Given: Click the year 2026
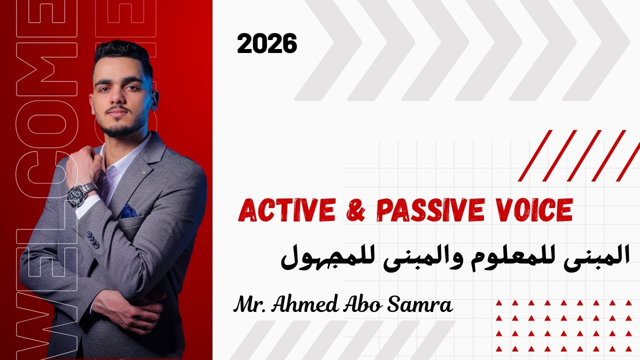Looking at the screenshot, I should pyautogui.click(x=267, y=44).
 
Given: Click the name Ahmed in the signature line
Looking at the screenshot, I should pyautogui.click(x=303, y=304).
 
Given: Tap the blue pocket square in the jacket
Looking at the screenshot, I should pyautogui.click(x=128, y=211).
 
